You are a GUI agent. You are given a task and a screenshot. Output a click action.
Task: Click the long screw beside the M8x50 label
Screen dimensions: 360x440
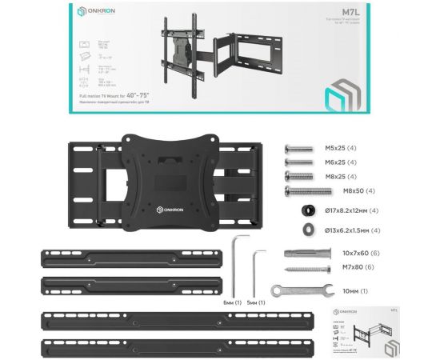(309, 190)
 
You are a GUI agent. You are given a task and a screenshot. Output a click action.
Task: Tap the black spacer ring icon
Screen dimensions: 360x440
(307, 210)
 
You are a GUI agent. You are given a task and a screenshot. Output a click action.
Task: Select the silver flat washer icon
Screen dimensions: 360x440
(307, 230)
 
